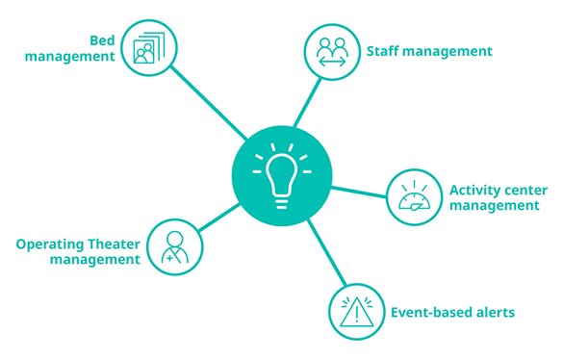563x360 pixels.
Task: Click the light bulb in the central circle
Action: point(282,177)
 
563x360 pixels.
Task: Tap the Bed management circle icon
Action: point(148,48)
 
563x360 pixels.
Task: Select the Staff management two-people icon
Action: point(332,52)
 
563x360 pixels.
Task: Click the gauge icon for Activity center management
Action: point(415,197)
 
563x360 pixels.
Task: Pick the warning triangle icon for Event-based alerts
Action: point(356,312)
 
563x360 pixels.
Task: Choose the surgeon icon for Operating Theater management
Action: point(175,247)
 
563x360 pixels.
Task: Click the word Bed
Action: point(102,40)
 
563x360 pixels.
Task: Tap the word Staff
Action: point(383,51)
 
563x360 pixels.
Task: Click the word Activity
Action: point(474,191)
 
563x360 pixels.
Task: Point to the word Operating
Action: point(50,245)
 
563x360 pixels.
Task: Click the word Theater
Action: point(114,244)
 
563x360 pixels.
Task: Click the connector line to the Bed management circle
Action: point(209,103)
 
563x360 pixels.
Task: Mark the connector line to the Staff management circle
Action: point(307,102)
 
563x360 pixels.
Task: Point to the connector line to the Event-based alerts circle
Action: point(327,252)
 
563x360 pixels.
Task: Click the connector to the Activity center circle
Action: point(359,192)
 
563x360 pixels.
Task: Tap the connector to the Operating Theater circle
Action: point(218,218)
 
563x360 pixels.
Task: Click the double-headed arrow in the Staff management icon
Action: point(332,63)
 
